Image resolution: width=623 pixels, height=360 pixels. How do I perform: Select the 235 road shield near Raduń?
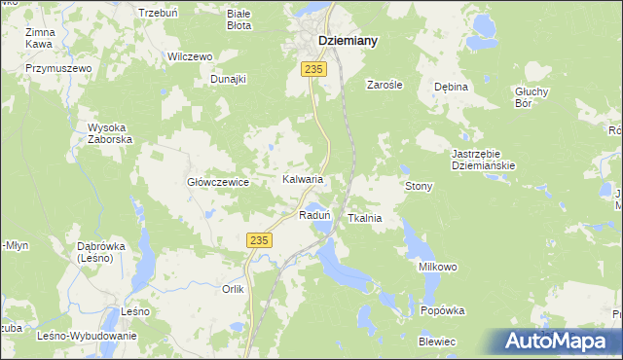coord(258,240)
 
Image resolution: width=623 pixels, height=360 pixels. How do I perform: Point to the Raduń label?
coord(315,215)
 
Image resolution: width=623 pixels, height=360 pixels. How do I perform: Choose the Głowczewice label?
coord(219,182)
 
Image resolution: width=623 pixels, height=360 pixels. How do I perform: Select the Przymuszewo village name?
coord(58,68)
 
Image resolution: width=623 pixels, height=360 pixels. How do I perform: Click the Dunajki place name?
coord(229,79)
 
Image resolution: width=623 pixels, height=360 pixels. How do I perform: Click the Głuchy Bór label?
coord(532,97)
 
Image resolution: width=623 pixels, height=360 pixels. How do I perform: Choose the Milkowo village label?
coord(438,267)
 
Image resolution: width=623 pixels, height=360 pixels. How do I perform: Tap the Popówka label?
coord(443,310)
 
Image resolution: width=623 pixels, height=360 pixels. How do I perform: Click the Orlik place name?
coord(233,289)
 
